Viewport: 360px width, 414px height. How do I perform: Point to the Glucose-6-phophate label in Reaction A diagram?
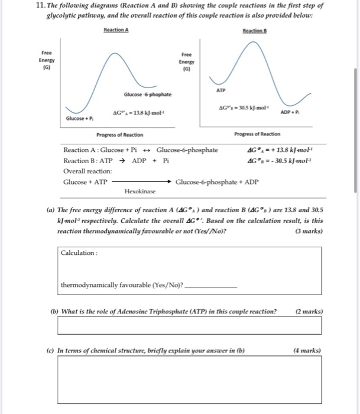pyautogui.click(x=148, y=95)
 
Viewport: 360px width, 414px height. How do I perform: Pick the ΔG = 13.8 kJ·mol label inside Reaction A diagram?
pyautogui.click(x=138, y=112)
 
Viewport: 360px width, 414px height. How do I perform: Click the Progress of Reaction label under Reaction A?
pyautogui.click(x=121, y=134)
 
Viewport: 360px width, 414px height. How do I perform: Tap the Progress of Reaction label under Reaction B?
pyautogui.click(x=257, y=134)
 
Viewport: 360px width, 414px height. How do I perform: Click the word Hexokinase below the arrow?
pyautogui.click(x=140, y=192)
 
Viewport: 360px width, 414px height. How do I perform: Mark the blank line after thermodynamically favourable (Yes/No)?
pyautogui.click(x=211, y=287)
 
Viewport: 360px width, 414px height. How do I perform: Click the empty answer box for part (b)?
pyautogui.click(x=189, y=325)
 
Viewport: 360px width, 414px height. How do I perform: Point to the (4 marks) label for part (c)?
pyautogui.click(x=308, y=350)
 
